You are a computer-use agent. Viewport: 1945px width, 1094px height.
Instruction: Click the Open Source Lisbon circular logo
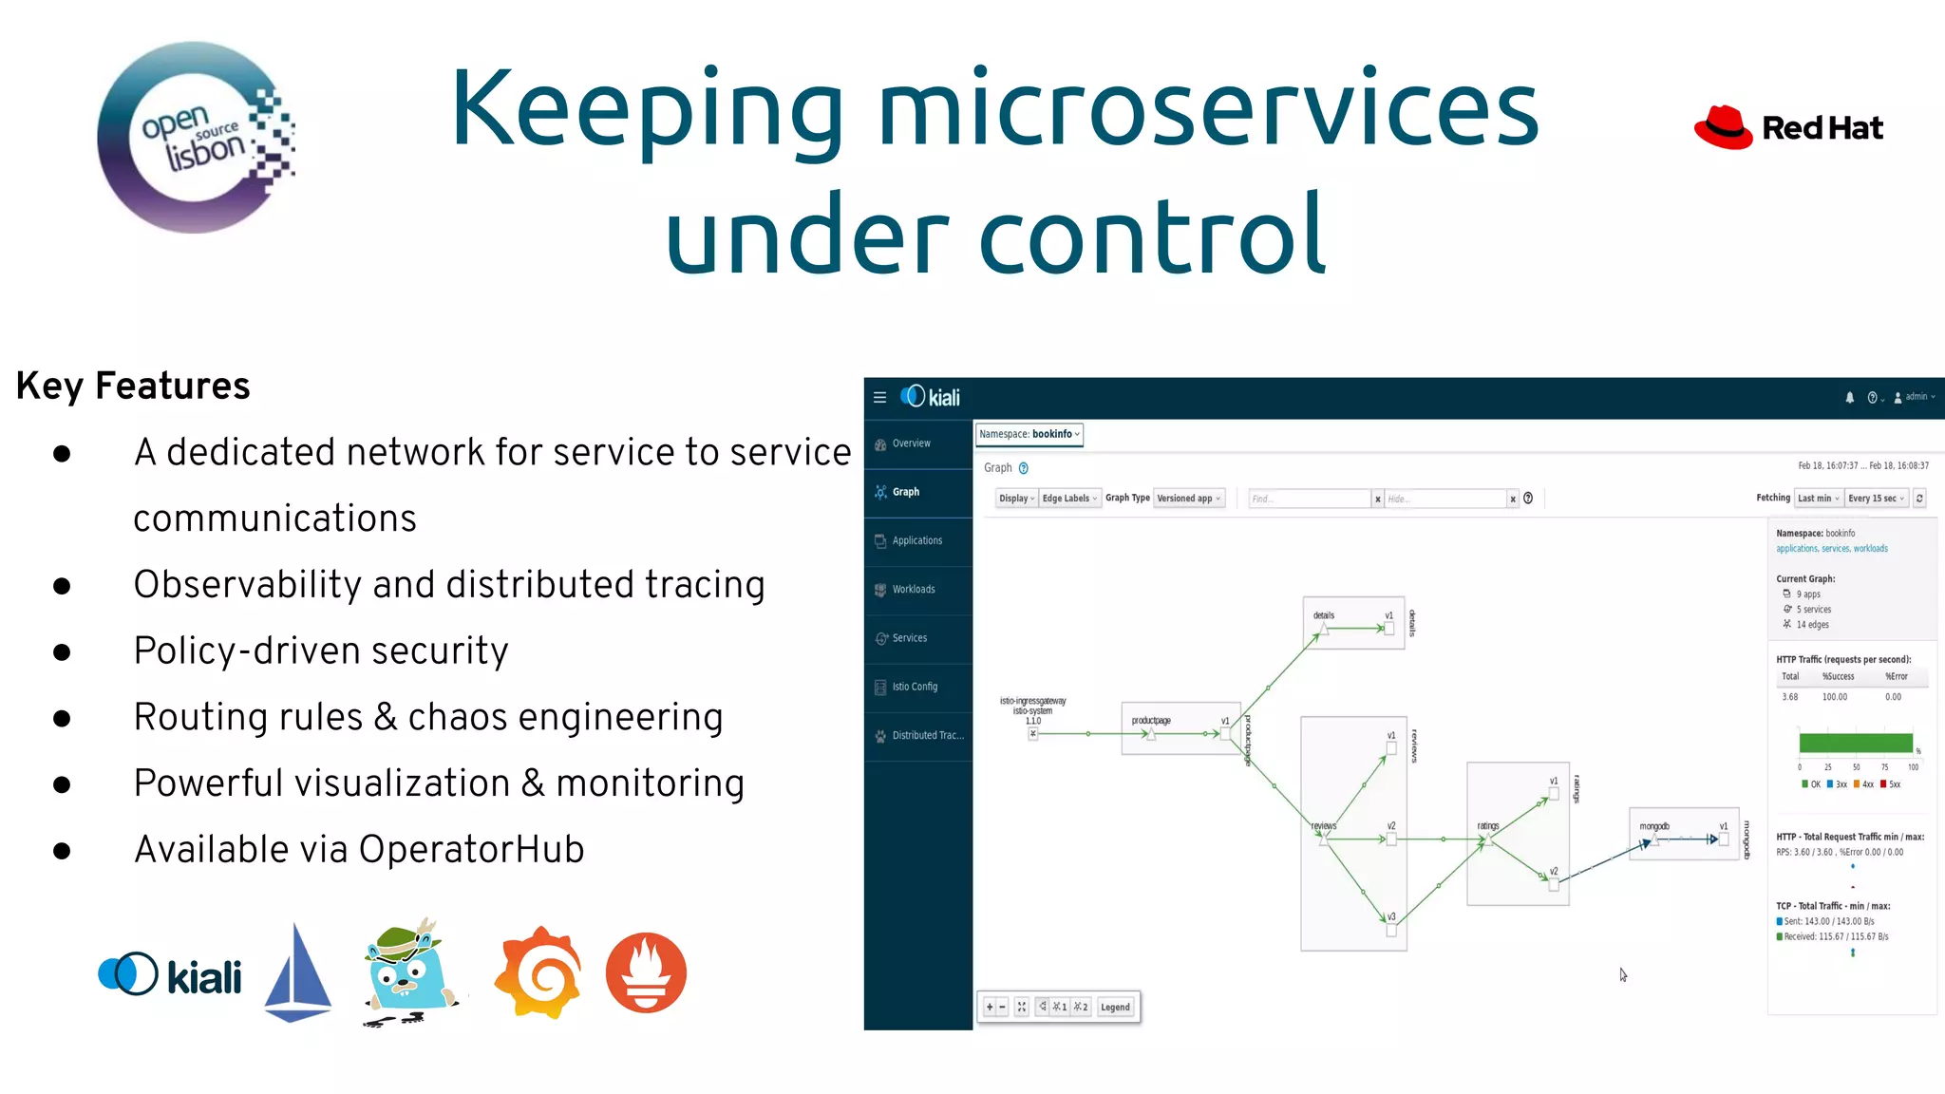(196, 139)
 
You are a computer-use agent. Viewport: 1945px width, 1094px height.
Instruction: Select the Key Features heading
(133, 387)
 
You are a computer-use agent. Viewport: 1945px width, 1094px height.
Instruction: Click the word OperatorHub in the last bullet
(471, 850)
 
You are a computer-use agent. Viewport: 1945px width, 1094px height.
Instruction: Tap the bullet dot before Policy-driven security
(63, 652)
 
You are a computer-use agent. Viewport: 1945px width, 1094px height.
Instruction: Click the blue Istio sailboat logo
(298, 973)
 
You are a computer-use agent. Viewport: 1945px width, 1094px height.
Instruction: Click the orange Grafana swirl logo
(538, 973)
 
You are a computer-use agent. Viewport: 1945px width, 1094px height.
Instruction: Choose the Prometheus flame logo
(646, 973)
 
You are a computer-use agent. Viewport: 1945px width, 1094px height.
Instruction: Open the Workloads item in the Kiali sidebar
(913, 590)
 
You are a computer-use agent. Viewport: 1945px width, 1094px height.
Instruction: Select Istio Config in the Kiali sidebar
(914, 687)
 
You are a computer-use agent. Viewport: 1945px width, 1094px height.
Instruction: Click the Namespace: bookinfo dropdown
(1029, 434)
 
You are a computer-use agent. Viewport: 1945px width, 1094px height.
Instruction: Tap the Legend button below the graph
(1115, 1007)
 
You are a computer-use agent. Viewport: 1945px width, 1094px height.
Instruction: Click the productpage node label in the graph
(1151, 721)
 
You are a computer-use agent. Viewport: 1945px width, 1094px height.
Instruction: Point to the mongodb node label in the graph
(1653, 826)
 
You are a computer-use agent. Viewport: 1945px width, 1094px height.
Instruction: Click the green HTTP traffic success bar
(1855, 743)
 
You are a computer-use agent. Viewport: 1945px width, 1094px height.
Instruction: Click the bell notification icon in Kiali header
(1849, 398)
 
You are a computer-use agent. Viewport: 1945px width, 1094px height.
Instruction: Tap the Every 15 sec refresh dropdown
(1876, 499)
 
